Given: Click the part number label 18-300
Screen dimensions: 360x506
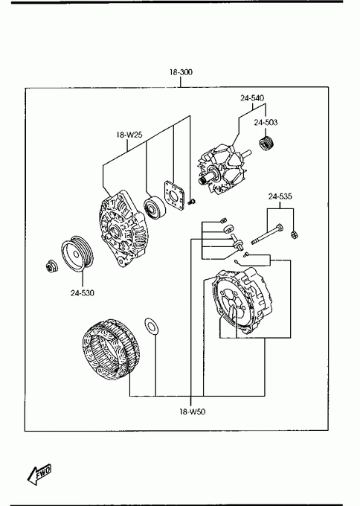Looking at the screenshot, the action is click(x=181, y=72).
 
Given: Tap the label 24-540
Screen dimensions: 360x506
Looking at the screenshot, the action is click(x=252, y=97).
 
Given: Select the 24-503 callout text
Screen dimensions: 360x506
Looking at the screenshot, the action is click(x=266, y=122).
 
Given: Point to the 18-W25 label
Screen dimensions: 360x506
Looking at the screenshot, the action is click(x=129, y=135).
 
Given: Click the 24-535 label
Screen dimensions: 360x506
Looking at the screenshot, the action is click(x=280, y=196).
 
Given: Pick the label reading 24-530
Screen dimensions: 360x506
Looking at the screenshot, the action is click(x=83, y=293).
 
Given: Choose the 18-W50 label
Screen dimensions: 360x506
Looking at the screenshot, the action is click(x=192, y=411).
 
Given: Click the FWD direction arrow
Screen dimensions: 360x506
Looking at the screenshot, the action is click(x=39, y=475).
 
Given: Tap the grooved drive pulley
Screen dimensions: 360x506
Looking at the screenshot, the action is click(x=77, y=254).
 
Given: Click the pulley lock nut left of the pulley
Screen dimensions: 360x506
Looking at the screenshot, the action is click(x=51, y=266).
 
